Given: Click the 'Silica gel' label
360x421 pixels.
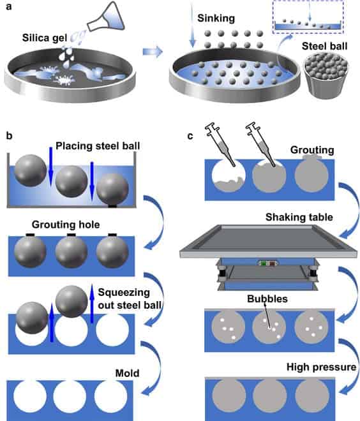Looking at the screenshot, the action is click(x=44, y=38).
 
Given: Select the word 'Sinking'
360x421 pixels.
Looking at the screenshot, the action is click(x=216, y=18).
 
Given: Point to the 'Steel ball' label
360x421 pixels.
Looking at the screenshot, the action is click(x=324, y=46).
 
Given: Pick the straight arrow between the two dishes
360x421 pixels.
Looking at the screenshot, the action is click(x=153, y=51).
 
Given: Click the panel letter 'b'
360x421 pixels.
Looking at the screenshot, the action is click(x=9, y=136).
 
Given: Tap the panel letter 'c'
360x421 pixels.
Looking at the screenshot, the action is click(x=190, y=136).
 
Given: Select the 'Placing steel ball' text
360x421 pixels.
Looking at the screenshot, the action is click(x=98, y=146).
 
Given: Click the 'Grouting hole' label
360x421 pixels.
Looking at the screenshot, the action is click(x=66, y=225).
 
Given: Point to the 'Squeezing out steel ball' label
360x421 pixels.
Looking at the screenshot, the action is click(x=130, y=299).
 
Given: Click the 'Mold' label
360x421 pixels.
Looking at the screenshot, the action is click(x=127, y=373).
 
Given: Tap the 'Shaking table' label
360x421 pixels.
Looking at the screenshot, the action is click(x=299, y=217).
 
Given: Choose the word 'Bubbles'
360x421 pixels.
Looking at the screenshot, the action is click(x=267, y=299).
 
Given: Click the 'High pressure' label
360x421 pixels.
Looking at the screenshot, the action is click(x=321, y=367).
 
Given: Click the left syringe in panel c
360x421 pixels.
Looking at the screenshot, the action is click(x=220, y=145).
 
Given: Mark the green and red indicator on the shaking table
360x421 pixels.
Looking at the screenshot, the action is click(x=267, y=263).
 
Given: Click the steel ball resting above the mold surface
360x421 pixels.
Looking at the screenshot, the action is click(x=71, y=301).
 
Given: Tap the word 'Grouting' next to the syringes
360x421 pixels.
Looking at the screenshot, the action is click(x=312, y=150).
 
